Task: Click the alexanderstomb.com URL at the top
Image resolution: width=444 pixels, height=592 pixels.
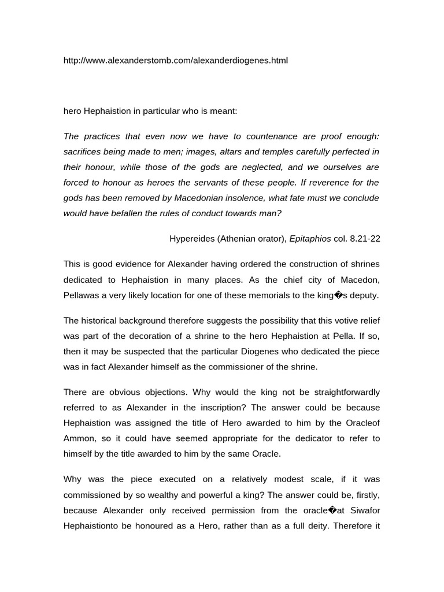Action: pyautogui.click(x=175, y=60)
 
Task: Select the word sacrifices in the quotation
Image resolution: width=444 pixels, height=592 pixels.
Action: pyautogui.click(x=83, y=152)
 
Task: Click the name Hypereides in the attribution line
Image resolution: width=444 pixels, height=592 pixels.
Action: pyautogui.click(x=193, y=238)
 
